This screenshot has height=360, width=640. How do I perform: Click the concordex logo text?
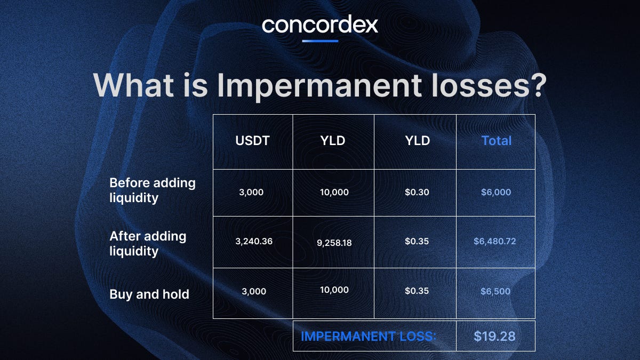(320, 25)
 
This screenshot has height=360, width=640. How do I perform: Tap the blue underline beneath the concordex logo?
(320, 41)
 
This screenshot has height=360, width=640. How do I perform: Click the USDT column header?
(253, 141)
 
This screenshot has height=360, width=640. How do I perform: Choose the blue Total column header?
(496, 141)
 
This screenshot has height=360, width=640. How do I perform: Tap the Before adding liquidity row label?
(153, 190)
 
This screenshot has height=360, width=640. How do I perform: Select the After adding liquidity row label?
(148, 243)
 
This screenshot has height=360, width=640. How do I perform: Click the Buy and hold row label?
(149, 294)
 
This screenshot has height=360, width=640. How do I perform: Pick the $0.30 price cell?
(415, 192)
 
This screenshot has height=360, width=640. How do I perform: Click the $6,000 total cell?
(495, 192)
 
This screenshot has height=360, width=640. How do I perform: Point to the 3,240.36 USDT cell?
(253, 242)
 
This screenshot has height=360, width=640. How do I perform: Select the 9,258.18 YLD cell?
(333, 243)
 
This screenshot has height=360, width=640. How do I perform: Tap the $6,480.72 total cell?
(495, 242)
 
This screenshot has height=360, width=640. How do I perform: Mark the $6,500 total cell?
(495, 291)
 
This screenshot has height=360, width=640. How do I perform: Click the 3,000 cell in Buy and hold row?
(253, 291)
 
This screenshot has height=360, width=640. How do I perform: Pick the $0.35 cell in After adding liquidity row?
(415, 242)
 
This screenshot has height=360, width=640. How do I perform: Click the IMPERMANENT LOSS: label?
(369, 337)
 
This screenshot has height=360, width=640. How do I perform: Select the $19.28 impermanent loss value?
(495, 337)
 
